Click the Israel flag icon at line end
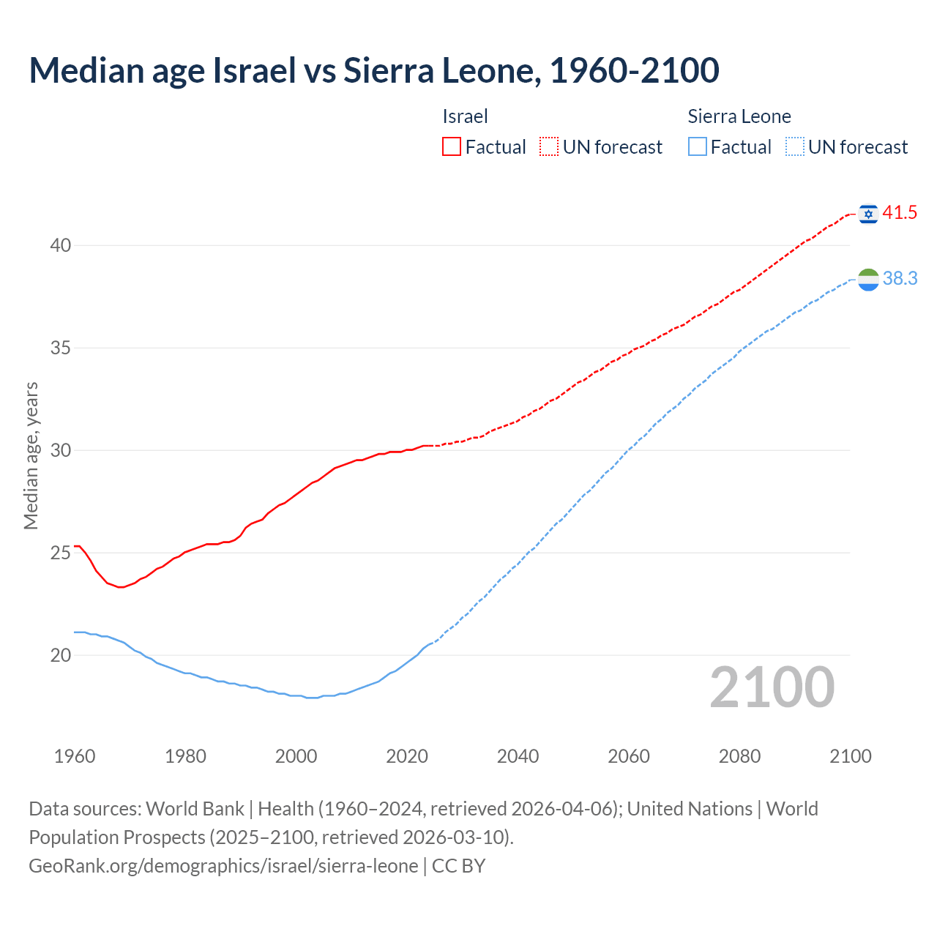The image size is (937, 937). click(x=868, y=213)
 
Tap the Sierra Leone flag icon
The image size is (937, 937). click(x=868, y=279)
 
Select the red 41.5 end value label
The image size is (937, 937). click(x=900, y=213)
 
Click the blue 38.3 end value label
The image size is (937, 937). click(x=900, y=279)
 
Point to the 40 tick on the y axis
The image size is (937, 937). click(x=61, y=245)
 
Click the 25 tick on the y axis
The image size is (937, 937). click(x=61, y=553)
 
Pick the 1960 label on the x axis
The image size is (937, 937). click(x=75, y=756)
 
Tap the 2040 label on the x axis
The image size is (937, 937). click(x=518, y=756)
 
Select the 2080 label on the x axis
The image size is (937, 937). click(x=739, y=756)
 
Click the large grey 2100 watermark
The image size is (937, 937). click(x=772, y=687)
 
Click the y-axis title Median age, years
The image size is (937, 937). click(x=31, y=455)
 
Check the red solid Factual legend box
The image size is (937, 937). click(x=452, y=146)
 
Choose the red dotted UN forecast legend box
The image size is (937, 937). click(x=549, y=146)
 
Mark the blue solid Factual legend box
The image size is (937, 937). click(x=698, y=146)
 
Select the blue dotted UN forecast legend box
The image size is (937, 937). click(x=794, y=146)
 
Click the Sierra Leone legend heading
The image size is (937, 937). click(x=739, y=116)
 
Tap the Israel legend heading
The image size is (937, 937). click(x=465, y=116)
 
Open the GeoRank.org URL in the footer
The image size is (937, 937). click(x=223, y=865)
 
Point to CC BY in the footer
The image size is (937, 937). click(x=459, y=865)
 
